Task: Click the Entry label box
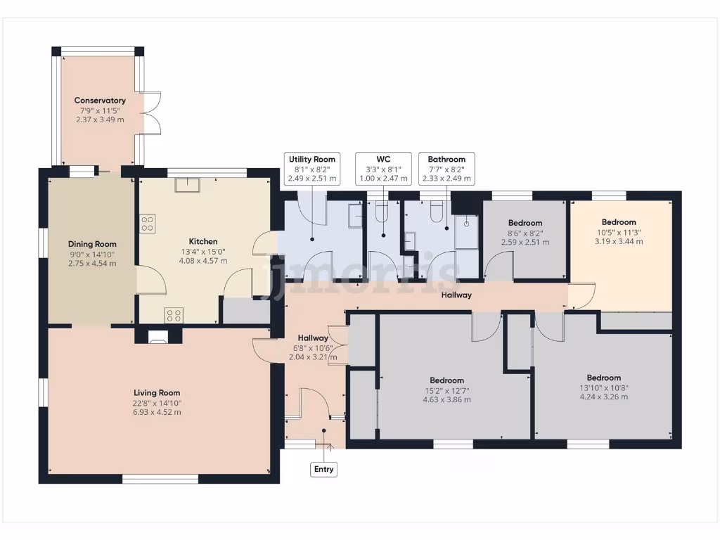point(323,469)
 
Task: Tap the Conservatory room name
point(101,101)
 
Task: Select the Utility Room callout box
point(312,169)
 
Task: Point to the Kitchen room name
point(203,241)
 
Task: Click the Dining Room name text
point(91,244)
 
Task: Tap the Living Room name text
point(157,393)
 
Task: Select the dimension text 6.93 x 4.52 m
point(157,412)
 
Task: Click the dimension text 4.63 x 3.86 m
point(447,399)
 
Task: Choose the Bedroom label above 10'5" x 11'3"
point(619,222)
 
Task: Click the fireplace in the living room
point(159,335)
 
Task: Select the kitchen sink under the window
point(188,185)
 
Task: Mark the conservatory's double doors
point(152,112)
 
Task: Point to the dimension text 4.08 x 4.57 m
point(203,261)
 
